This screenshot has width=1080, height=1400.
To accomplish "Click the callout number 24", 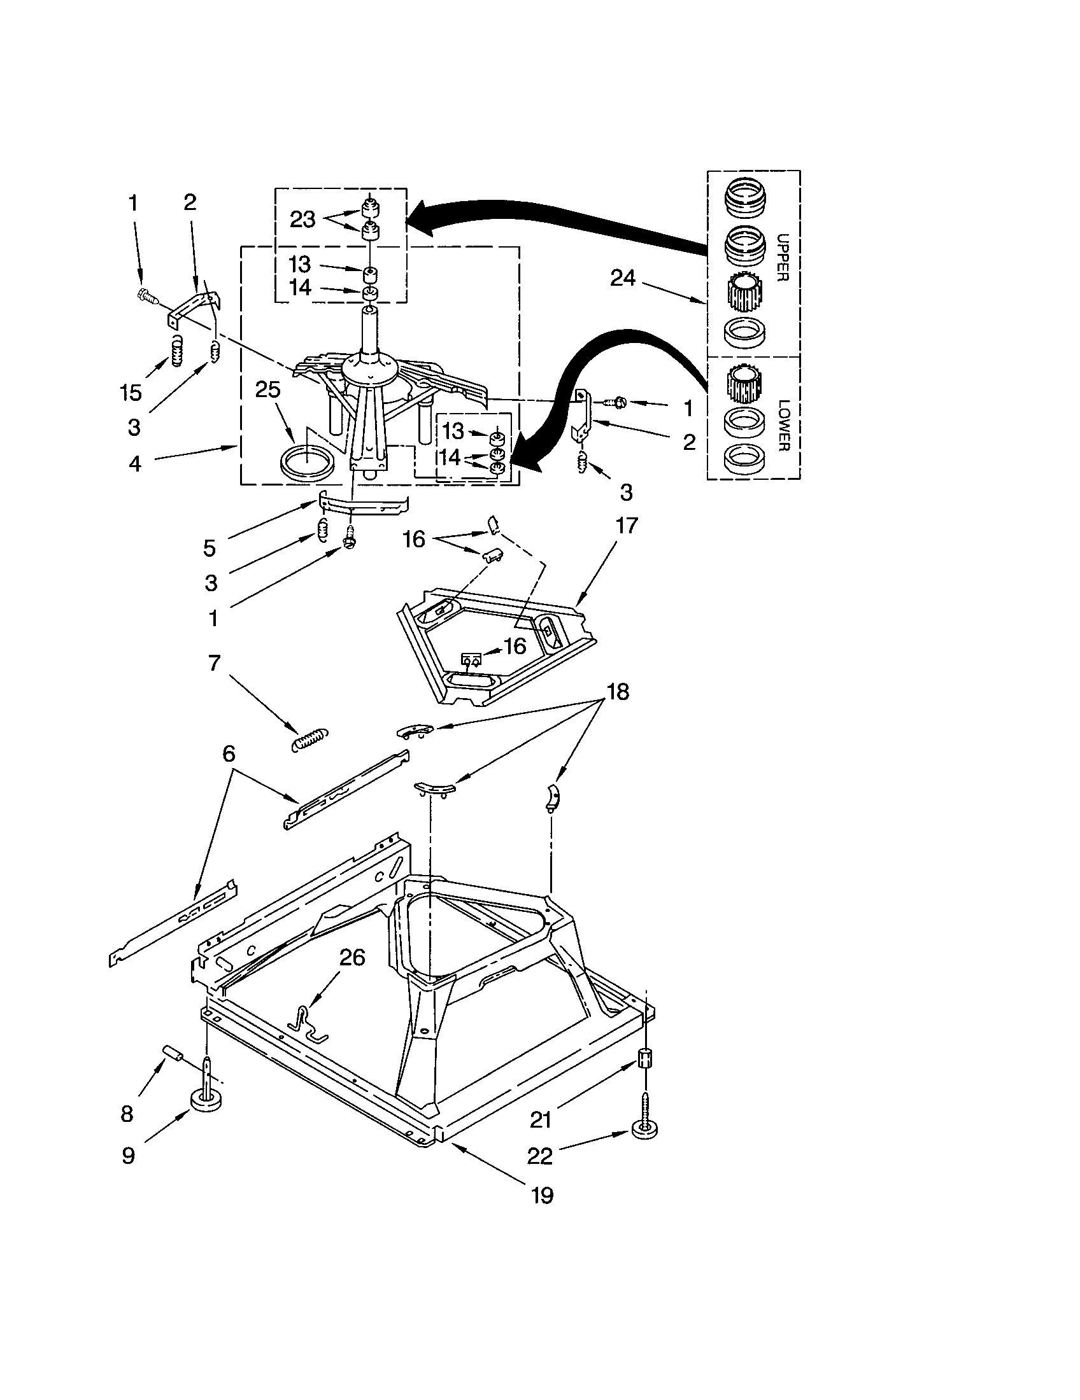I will click(x=623, y=278).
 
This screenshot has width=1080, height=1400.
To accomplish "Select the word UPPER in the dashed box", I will click(x=782, y=256).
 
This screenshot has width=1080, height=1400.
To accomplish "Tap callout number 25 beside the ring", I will click(x=268, y=389).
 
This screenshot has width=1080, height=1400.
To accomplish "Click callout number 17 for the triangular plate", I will click(x=627, y=525).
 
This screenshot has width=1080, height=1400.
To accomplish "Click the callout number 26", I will click(x=352, y=958).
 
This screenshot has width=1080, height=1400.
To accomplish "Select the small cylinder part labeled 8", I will click(x=173, y=1053).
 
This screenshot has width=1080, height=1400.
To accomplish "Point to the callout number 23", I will click(x=302, y=220).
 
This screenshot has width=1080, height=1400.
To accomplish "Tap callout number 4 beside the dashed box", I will click(x=134, y=463).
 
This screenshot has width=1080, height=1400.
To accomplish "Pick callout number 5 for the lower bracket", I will click(x=210, y=547).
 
